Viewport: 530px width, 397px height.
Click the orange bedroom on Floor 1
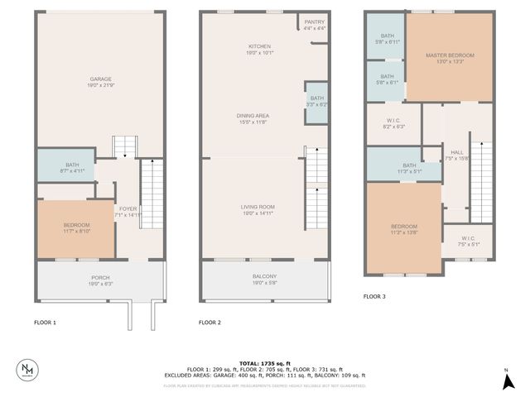pyautogui.click(x=75, y=228)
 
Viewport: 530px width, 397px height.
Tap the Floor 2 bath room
pyautogui.click(x=316, y=103)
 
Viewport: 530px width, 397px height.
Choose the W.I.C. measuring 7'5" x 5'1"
pyautogui.click(x=468, y=242)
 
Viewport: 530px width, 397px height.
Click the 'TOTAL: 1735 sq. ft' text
pyautogui.click(x=264, y=363)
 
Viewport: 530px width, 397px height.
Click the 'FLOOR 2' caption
pyautogui.click(x=210, y=323)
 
